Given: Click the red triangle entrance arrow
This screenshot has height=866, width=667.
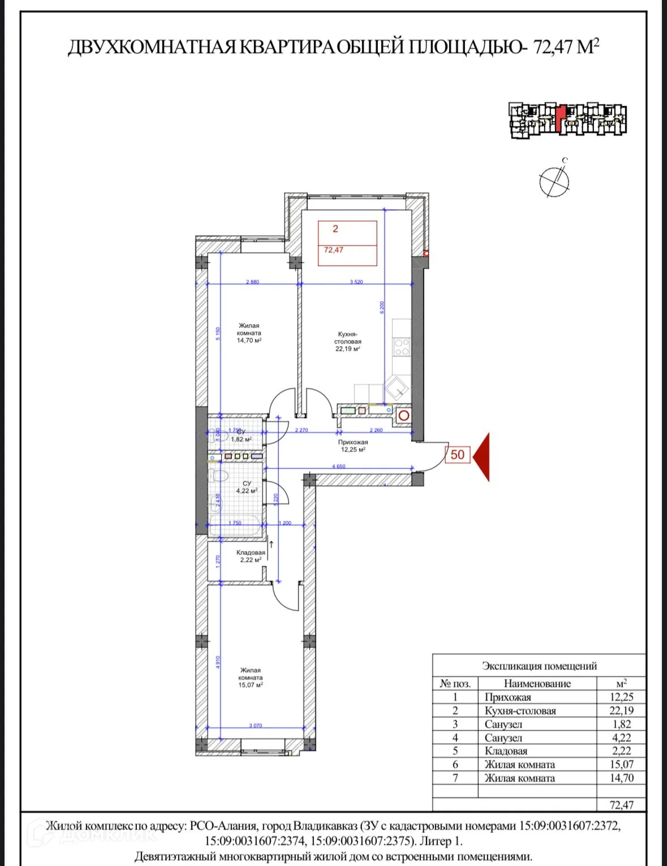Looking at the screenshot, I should click(x=482, y=456).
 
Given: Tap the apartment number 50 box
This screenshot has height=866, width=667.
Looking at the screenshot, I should click(x=458, y=455).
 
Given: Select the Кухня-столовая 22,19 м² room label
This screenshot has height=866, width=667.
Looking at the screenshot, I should click(x=348, y=341).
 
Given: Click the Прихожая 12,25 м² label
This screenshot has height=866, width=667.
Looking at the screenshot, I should click(x=353, y=446).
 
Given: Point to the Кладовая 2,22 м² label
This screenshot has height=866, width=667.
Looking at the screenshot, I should click(x=251, y=556).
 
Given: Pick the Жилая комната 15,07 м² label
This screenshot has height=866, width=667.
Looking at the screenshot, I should click(x=251, y=678).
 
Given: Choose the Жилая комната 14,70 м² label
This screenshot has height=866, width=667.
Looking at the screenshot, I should click(x=249, y=333).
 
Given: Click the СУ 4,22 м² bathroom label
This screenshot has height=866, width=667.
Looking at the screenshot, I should click(x=247, y=487).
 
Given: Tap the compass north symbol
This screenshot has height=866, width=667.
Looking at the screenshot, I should click(x=554, y=181).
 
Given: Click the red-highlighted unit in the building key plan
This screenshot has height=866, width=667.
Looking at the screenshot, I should click(x=560, y=118).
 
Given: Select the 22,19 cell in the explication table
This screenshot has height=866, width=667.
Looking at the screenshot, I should click(x=621, y=711).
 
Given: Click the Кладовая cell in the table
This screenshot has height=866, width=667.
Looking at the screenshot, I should click(x=506, y=751).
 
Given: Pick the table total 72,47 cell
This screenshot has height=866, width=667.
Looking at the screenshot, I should click(x=621, y=805).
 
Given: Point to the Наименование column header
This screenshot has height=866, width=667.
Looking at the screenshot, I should click(x=537, y=684).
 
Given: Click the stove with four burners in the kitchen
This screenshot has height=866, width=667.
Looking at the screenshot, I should click(x=402, y=347).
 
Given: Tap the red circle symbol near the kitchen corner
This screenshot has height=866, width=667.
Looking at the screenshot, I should click(x=403, y=415).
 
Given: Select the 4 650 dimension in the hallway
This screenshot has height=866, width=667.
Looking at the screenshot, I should click(x=338, y=466).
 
